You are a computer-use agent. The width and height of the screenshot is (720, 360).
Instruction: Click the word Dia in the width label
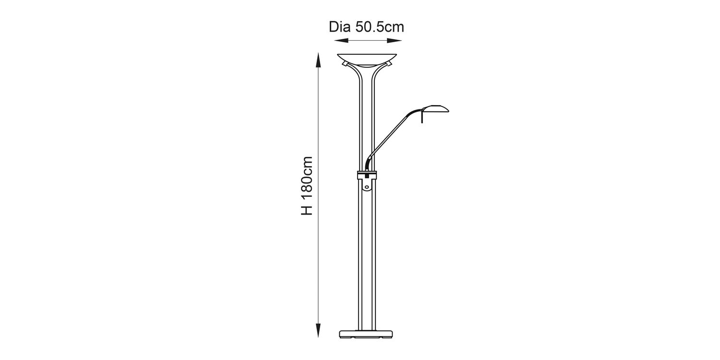pos(339,27)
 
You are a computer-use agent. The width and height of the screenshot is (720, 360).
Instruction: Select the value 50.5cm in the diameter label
pos(380,27)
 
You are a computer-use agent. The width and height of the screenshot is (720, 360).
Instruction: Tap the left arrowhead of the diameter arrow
pos(341,40)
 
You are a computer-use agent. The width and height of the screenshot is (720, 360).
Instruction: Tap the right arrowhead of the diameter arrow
pos(395,40)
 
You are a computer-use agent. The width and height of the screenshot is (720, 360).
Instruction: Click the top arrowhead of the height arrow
pos(318,60)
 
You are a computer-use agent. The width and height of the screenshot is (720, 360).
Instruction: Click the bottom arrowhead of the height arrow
pos(318,330)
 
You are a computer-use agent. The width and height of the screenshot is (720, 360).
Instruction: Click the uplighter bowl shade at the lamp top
pos(367,60)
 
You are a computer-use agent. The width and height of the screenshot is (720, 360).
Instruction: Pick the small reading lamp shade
pos(435,108)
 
